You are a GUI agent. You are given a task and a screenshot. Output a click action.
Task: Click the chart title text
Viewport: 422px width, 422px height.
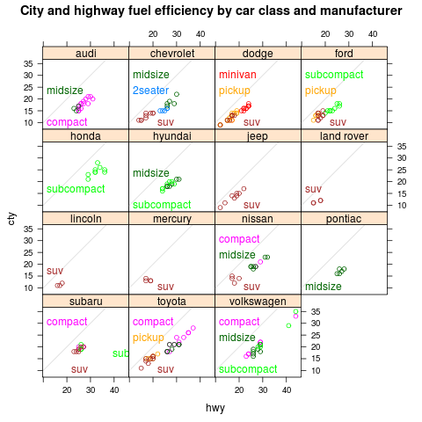[x=211, y=11]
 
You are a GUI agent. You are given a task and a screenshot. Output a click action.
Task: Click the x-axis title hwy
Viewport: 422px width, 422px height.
[x=215, y=408]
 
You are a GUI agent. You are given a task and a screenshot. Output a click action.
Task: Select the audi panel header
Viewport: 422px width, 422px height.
[x=85, y=55]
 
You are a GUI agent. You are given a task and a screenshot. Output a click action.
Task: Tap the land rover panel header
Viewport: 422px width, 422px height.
[x=343, y=136]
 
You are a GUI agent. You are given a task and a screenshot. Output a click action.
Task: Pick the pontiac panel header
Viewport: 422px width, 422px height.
[x=343, y=219]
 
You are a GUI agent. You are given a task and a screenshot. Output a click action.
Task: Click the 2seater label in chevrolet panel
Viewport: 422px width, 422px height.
[x=151, y=91]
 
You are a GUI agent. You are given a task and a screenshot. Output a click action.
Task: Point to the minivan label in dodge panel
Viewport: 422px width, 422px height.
[x=237, y=75]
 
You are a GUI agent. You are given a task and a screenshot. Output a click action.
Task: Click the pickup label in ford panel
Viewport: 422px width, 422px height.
[x=321, y=91]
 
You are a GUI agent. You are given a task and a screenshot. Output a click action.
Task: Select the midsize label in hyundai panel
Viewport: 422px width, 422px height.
[x=151, y=173]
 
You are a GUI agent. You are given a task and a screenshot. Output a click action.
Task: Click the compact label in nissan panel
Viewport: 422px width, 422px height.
[x=239, y=239]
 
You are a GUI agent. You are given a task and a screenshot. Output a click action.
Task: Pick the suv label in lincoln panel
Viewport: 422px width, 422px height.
[x=55, y=271]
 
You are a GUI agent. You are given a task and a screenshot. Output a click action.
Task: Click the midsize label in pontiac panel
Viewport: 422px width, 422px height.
[x=323, y=287]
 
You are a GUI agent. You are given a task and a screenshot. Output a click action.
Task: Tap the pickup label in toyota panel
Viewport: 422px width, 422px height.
[x=149, y=338]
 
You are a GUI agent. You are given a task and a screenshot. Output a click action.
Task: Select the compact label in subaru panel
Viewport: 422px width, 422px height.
[x=67, y=322]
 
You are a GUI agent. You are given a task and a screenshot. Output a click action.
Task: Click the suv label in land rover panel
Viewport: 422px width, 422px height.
[x=313, y=189]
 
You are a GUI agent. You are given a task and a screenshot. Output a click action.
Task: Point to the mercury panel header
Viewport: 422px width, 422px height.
[x=171, y=219]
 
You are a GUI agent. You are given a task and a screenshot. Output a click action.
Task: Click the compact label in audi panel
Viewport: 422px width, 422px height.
[x=67, y=122]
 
